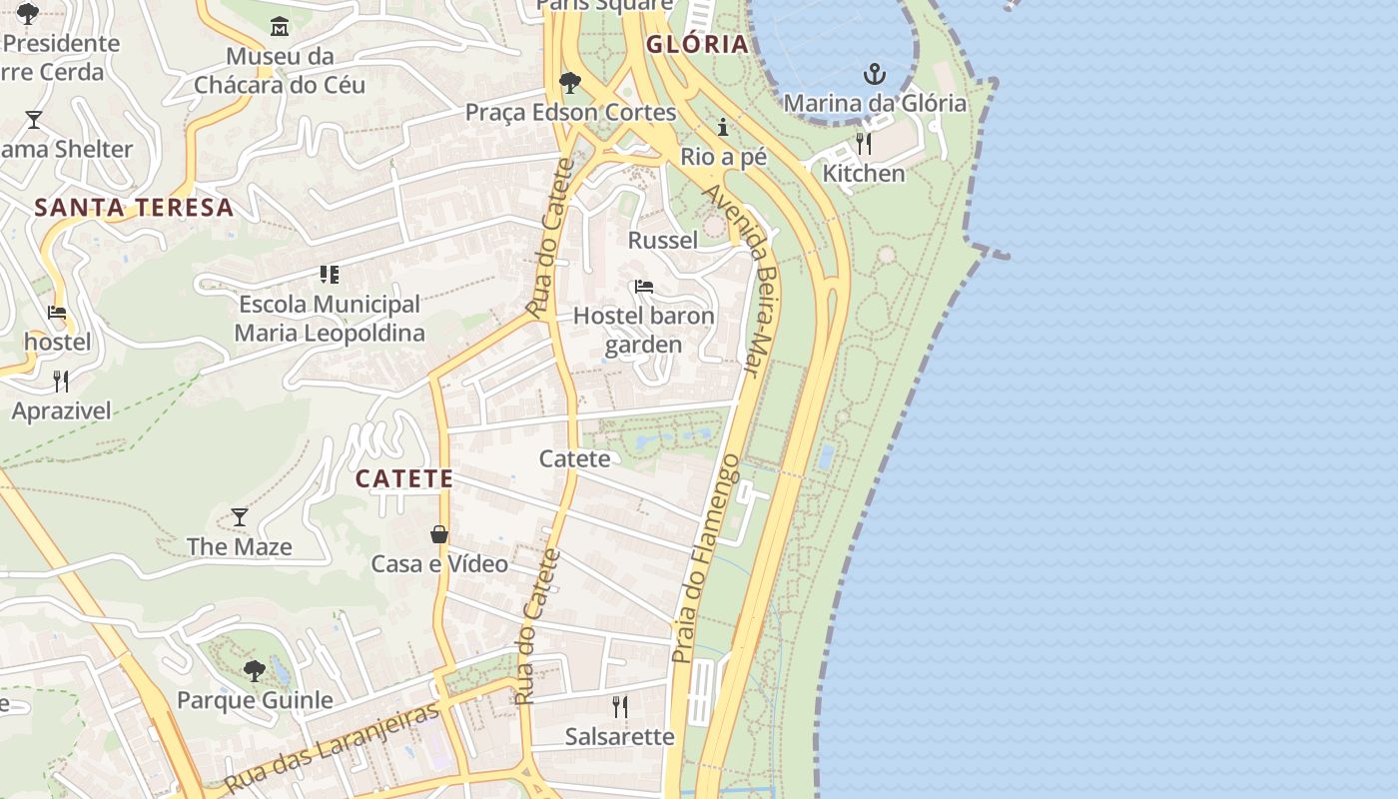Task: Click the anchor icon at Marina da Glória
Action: (x=875, y=74)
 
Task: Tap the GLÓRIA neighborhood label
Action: (x=697, y=44)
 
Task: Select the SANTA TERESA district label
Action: (x=134, y=208)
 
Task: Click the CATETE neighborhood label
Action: (x=404, y=478)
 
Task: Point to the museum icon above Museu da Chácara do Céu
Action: (x=280, y=25)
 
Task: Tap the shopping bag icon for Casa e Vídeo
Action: (x=439, y=534)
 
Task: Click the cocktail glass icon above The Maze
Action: (x=240, y=516)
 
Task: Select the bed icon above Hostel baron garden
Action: (x=644, y=287)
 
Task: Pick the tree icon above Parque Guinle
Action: (x=255, y=670)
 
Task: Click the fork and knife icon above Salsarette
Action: (x=620, y=707)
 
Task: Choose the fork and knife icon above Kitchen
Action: (x=864, y=144)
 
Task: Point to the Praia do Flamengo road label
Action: (x=705, y=559)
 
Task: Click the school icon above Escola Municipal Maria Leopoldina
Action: (x=330, y=274)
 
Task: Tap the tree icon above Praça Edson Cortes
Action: (x=570, y=82)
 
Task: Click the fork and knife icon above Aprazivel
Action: (x=61, y=381)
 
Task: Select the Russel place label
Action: (x=663, y=240)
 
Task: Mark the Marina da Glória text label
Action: (x=875, y=103)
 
